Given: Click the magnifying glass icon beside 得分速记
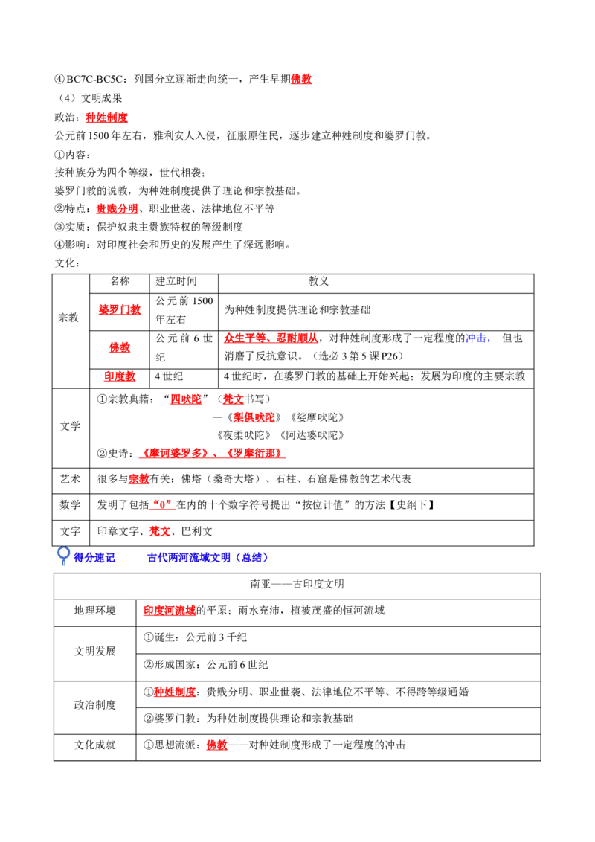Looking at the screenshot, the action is click(63, 555).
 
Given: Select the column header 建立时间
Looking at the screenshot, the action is click(176, 281).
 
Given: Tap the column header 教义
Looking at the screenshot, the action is click(318, 281).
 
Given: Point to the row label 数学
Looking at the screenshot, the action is click(70, 505).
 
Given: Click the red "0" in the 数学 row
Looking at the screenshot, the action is click(161, 505).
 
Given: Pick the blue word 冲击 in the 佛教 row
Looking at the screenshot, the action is click(476, 338).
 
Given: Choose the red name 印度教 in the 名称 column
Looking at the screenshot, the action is click(120, 376).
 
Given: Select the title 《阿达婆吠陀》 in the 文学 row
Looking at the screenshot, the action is click(312, 435).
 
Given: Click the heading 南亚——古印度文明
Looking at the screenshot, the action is click(297, 584).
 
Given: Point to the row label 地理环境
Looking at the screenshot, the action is click(95, 611).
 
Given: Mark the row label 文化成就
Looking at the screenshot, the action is click(95, 745).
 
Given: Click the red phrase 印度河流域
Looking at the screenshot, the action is click(170, 611).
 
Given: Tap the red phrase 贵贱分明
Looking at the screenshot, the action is click(117, 208).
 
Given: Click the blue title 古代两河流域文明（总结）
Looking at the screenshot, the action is click(208, 557).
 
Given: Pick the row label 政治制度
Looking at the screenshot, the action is click(95, 704).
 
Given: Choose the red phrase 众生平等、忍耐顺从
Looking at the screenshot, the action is click(271, 338).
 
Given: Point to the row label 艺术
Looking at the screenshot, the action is click(70, 479).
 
